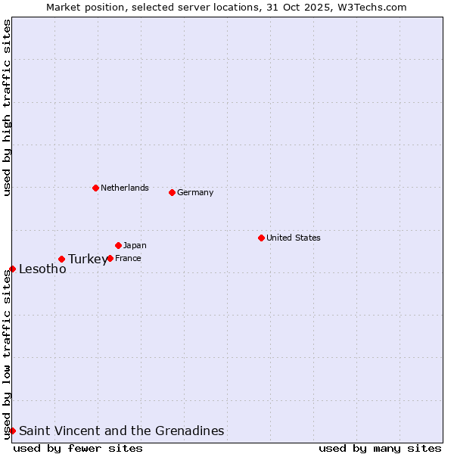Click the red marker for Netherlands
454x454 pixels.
(95, 188)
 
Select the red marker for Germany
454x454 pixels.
(172, 192)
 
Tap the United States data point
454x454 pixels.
(261, 238)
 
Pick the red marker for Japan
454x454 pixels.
(118, 245)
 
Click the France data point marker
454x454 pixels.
(110, 258)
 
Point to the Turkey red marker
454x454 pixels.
(61, 259)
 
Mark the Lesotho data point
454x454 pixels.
(12, 269)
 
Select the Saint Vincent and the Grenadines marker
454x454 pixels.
(12, 431)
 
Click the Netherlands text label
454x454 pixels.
(125, 188)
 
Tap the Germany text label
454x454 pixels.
(195, 192)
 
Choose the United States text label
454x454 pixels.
(294, 238)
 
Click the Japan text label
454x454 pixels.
(135, 245)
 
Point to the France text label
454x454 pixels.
(128, 258)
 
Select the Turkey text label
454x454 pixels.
(88, 260)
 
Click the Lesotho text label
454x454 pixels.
(42, 269)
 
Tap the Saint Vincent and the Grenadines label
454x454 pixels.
(122, 431)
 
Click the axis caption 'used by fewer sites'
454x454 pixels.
(78, 448)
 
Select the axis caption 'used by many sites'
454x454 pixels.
(380, 448)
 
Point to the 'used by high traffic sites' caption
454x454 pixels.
(7, 107)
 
